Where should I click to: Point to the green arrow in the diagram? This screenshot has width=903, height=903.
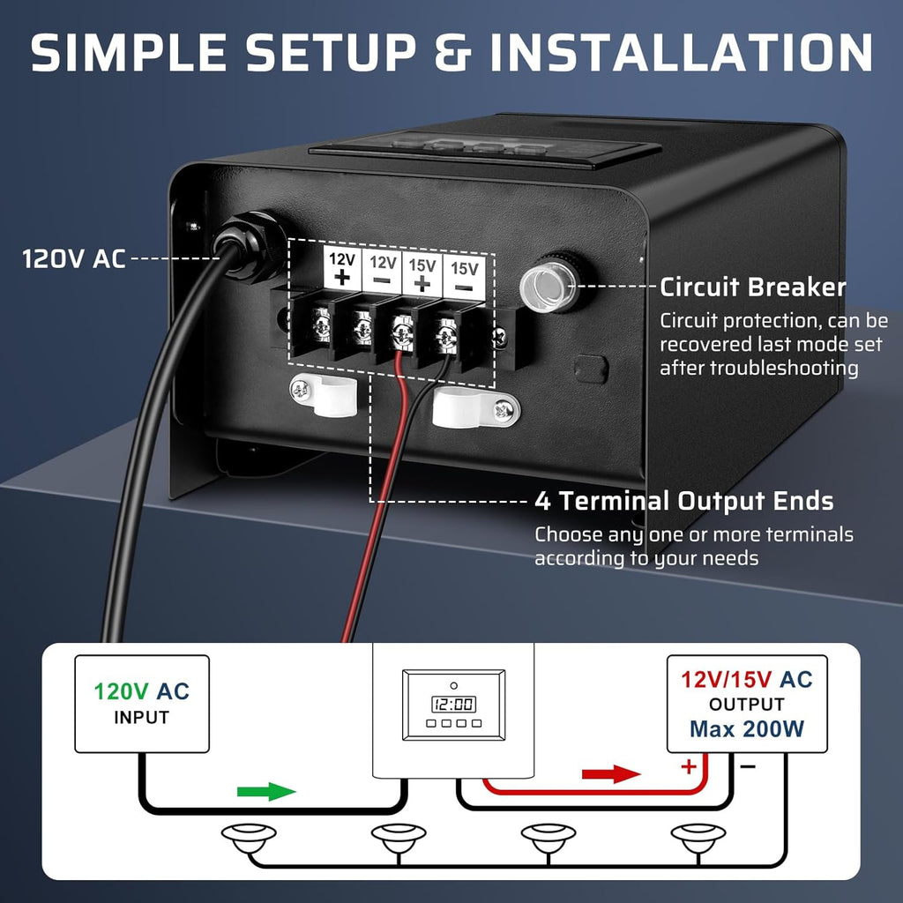(x=266, y=790)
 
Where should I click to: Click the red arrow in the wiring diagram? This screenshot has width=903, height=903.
(x=611, y=774)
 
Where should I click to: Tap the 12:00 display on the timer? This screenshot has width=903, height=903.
(x=453, y=704)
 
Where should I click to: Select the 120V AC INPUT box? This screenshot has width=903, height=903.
(x=141, y=703)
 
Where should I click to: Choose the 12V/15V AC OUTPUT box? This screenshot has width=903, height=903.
(x=746, y=703)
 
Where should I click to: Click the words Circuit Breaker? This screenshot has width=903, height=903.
(x=752, y=287)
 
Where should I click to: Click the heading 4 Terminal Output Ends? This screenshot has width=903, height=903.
(x=684, y=502)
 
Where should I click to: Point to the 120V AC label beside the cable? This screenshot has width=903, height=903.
(x=74, y=259)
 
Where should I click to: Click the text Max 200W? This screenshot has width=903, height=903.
(x=746, y=729)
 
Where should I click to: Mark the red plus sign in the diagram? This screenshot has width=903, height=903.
(x=688, y=766)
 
